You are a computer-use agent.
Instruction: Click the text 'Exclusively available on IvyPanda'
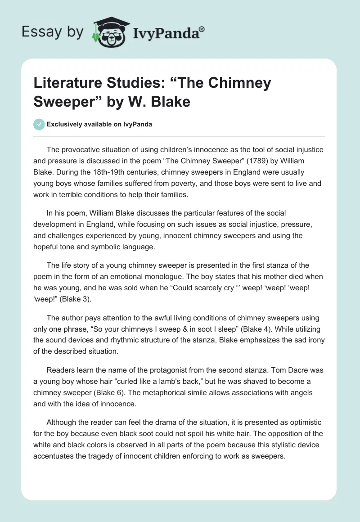[99, 124]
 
